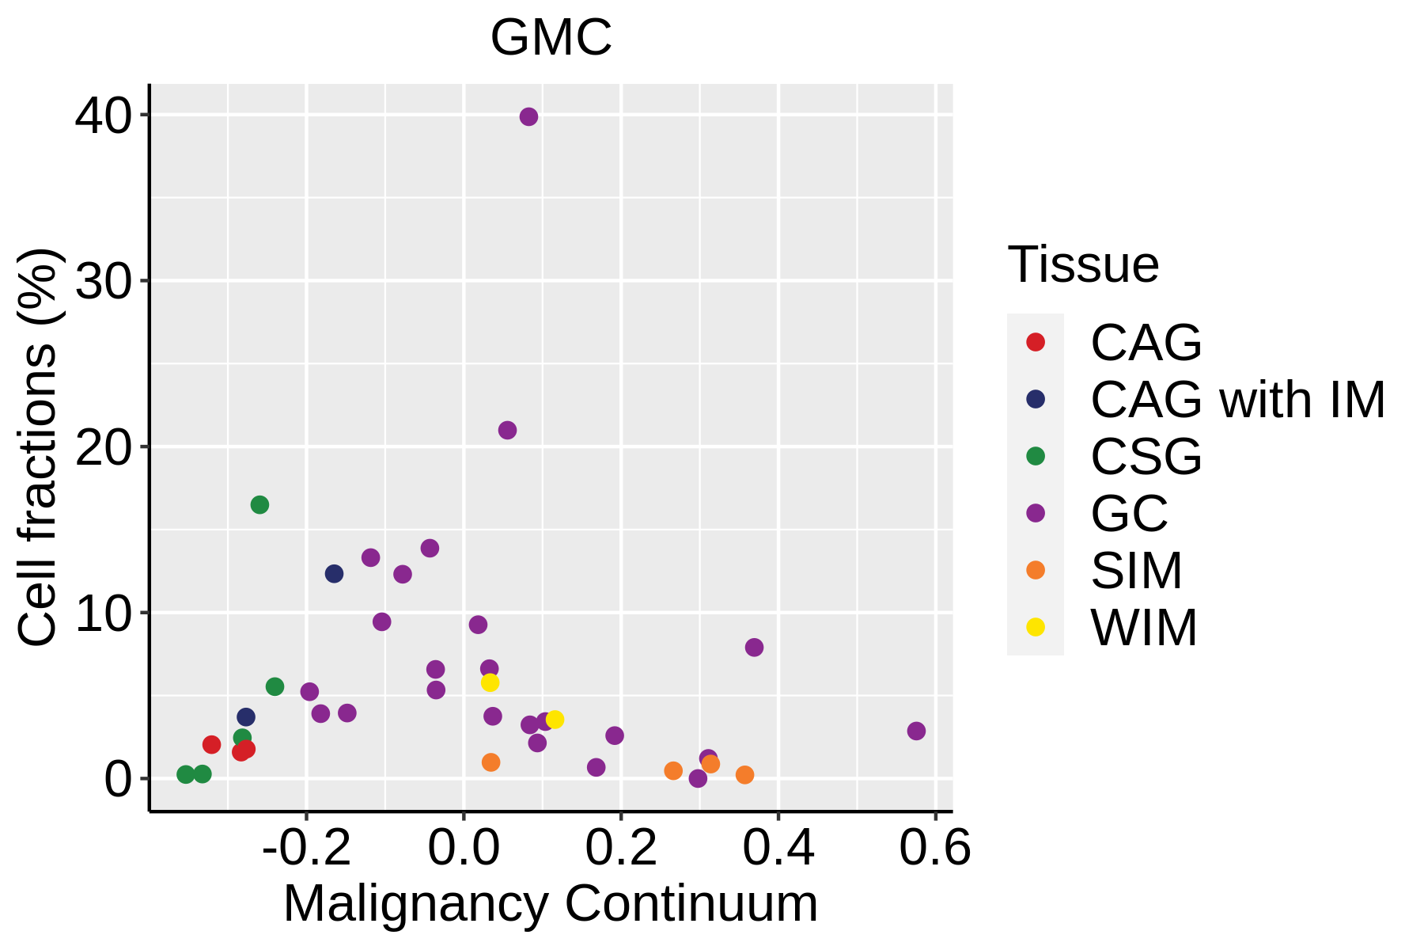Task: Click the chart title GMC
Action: (x=551, y=37)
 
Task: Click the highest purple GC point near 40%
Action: (x=528, y=117)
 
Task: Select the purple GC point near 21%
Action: (x=507, y=431)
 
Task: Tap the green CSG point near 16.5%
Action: (x=259, y=505)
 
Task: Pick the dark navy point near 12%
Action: (x=334, y=574)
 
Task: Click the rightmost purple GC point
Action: (x=916, y=731)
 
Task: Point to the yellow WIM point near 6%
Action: (x=490, y=682)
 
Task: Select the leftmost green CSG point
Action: (x=185, y=774)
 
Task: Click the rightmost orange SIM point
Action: (x=744, y=775)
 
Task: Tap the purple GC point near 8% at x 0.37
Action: (x=754, y=648)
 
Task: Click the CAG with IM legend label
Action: (x=1237, y=400)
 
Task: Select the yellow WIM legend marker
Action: (x=1035, y=627)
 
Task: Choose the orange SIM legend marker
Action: (x=1035, y=570)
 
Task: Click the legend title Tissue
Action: (x=1083, y=264)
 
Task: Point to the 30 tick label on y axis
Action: (x=103, y=282)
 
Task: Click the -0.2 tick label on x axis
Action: (x=306, y=849)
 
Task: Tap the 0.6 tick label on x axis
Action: (x=934, y=849)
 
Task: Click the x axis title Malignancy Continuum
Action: (x=551, y=904)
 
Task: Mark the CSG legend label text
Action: (x=1146, y=457)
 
